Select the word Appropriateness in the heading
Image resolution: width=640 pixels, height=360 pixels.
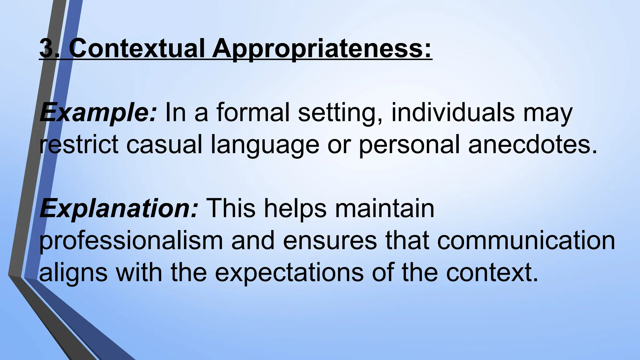322,48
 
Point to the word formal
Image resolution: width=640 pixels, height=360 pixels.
253,112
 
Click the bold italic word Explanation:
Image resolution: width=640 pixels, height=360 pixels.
119,209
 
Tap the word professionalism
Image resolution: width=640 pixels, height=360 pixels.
131,241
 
